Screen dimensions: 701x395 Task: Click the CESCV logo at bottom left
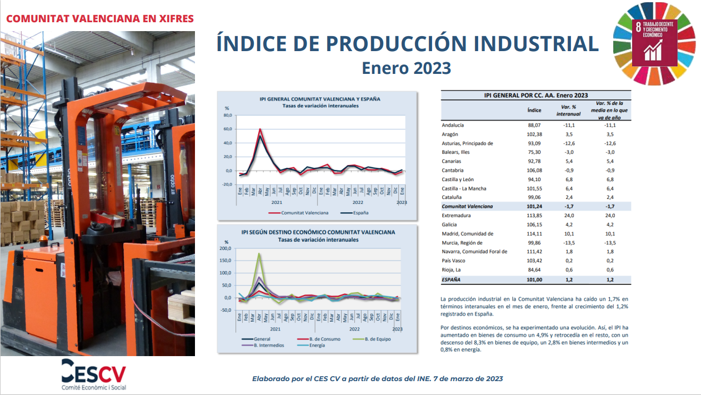94,374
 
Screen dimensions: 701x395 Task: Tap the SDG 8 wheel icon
654,43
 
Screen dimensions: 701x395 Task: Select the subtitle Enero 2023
406,68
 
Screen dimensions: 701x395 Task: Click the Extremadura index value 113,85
534,216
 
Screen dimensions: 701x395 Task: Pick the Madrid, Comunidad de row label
467,233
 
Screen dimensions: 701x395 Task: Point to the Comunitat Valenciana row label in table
467,206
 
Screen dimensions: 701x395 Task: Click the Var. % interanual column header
568,111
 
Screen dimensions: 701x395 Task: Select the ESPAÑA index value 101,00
534,279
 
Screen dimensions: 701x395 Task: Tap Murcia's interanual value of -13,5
569,243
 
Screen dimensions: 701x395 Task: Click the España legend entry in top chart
354,213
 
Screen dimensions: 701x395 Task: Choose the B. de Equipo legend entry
372,339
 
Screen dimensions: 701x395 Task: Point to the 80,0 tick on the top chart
228,115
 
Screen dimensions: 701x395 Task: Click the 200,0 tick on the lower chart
226,248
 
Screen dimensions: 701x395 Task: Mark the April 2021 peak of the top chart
260,129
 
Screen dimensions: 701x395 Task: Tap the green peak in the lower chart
259,253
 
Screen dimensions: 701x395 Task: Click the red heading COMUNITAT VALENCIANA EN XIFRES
100,18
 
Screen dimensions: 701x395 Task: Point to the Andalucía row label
453,125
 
